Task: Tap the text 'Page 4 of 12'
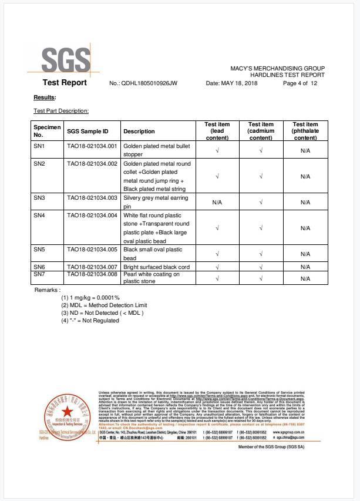pyautogui.click(x=300, y=83)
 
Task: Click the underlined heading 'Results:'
pyautogui.click(x=45, y=97)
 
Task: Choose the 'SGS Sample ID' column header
pyautogui.click(x=88, y=132)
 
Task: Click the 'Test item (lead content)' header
pyautogui.click(x=217, y=131)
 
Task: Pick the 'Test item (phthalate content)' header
pyautogui.click(x=305, y=131)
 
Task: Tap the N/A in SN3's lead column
pyautogui.click(x=217, y=202)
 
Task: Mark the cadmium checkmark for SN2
pyautogui.click(x=261, y=176)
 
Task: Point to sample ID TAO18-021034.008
pyautogui.click(x=92, y=274)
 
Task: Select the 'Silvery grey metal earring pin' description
pyautogui.click(x=156, y=202)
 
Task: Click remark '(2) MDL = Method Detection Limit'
pyautogui.click(x=104, y=305)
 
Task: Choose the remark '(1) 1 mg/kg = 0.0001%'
pyautogui.click(x=90, y=298)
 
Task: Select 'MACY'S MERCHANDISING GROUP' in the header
pyautogui.click(x=277, y=69)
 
